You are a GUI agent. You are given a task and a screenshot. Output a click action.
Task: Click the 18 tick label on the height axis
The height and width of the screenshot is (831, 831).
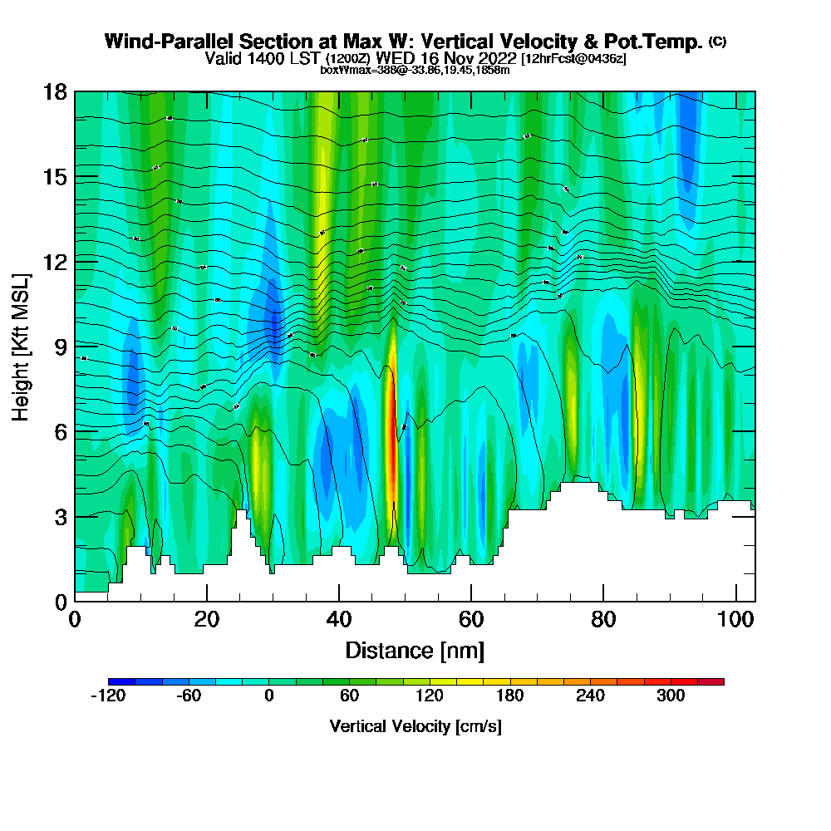pos(55,91)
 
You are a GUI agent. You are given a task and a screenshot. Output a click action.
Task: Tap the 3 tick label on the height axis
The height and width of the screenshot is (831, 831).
pos(60,516)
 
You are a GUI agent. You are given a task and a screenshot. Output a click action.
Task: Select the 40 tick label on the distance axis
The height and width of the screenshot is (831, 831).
pos(339,620)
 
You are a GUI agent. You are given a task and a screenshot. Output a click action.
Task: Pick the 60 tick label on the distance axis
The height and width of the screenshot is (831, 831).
pos(471,620)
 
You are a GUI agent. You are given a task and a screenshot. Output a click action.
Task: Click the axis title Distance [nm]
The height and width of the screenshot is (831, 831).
pos(415,650)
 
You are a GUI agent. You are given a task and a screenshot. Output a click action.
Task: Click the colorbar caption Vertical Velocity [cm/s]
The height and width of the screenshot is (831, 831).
pos(415,726)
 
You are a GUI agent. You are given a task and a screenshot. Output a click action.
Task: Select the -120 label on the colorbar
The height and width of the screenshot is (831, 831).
pos(107,696)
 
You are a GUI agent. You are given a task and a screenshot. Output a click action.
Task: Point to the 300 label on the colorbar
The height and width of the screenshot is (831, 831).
pos(671,696)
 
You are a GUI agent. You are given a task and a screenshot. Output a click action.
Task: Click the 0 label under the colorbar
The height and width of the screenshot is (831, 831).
pos(269,696)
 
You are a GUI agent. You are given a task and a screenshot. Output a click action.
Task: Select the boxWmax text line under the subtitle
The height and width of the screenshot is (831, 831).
pos(415,70)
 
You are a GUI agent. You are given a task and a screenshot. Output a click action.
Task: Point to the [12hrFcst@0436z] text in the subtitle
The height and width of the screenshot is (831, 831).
pos(573,59)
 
